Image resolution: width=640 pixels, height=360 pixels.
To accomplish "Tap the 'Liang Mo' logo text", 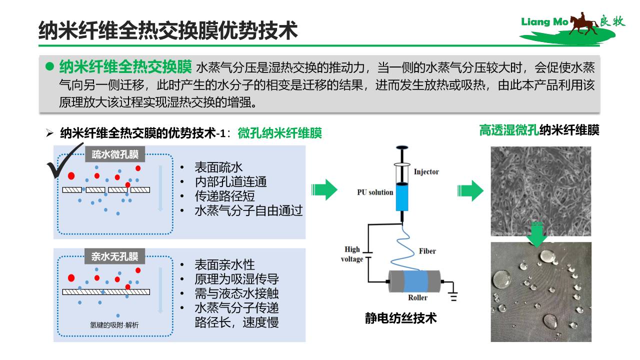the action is click(x=544, y=21).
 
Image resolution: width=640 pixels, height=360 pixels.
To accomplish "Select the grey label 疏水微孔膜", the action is click(x=115, y=154).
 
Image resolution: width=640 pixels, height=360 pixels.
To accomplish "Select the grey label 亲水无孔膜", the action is click(x=115, y=256).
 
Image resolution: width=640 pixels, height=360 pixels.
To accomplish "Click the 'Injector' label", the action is click(x=426, y=171).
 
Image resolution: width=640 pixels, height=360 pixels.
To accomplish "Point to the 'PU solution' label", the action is click(x=375, y=192).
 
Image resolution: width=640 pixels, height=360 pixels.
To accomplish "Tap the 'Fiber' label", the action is click(x=427, y=251).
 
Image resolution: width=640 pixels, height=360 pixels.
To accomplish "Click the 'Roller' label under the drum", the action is click(x=417, y=297).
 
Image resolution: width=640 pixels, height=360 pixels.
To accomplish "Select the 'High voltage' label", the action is click(x=352, y=254).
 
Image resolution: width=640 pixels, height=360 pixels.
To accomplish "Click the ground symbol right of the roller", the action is click(x=453, y=296).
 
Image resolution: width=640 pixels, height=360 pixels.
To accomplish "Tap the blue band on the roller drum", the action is click(x=415, y=281).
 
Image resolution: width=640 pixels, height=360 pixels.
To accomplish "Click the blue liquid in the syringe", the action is click(x=401, y=197).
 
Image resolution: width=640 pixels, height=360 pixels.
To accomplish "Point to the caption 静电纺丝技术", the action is click(x=401, y=318).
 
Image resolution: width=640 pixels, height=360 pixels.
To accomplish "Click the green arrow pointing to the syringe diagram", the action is click(x=324, y=189).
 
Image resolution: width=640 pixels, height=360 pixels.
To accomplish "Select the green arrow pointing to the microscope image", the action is click(x=470, y=190).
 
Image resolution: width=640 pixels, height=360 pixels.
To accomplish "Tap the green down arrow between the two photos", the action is click(x=537, y=234).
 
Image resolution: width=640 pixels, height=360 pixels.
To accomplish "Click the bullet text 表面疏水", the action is click(x=218, y=167).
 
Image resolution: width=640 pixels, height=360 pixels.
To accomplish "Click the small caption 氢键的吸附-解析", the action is click(x=114, y=325).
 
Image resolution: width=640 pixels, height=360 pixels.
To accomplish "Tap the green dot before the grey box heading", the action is click(x=49, y=66).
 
